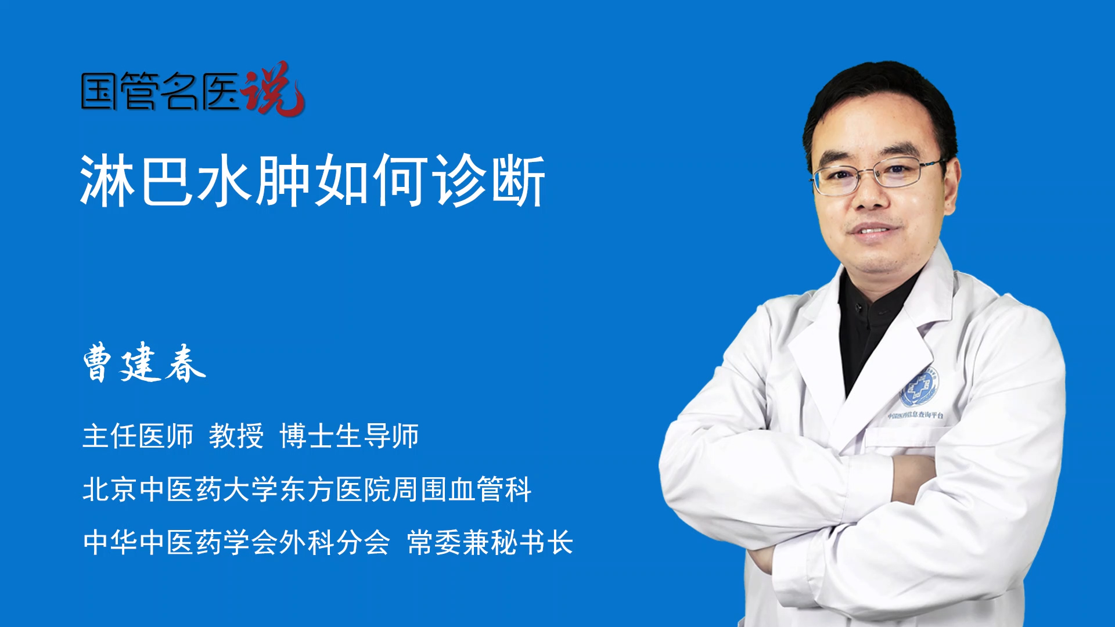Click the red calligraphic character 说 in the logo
(273, 88)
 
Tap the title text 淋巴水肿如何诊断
(312, 181)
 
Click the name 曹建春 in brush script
(144, 362)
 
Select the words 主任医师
(138, 436)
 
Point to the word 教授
(236, 436)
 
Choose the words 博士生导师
(349, 436)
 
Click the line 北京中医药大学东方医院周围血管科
(307, 489)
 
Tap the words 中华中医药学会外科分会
(236, 542)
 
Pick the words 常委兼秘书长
(490, 542)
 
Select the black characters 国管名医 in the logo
(160, 91)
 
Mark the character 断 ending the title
(518, 181)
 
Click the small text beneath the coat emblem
(915, 415)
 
